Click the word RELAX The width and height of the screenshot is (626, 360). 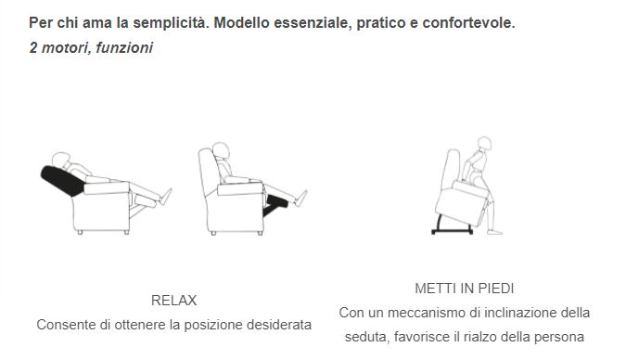pyautogui.click(x=173, y=301)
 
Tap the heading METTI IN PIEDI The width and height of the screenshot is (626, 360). pyautogui.click(x=465, y=289)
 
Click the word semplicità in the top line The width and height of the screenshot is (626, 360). pyautogui.click(x=172, y=23)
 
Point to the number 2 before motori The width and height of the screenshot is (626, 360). pyautogui.click(x=33, y=47)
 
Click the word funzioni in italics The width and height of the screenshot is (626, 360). pyautogui.click(x=124, y=47)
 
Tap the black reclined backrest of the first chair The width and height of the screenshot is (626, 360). pyautogui.click(x=62, y=181)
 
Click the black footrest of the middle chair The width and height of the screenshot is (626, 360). pyautogui.click(x=275, y=204)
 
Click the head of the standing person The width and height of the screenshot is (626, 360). pyautogui.click(x=484, y=143)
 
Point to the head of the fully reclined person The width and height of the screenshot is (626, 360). pyautogui.click(x=61, y=160)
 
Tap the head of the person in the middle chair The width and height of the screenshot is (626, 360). pyautogui.click(x=221, y=150)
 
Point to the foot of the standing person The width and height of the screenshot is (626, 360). pyautogui.click(x=494, y=231)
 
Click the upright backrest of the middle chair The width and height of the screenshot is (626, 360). pyautogui.click(x=208, y=171)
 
